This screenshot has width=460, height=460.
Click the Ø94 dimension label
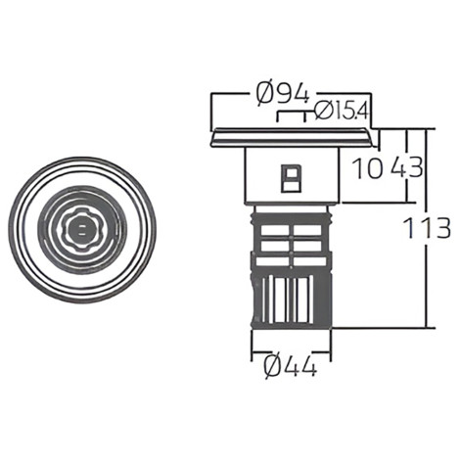283,93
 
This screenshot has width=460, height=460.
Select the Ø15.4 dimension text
342,110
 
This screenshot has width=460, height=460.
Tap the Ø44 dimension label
290,366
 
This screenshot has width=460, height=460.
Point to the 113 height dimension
427,227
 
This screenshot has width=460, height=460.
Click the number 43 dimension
407,167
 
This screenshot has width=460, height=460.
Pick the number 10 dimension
368,167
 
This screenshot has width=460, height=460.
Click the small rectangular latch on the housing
292,178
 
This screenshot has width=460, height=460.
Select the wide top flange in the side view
293,138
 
